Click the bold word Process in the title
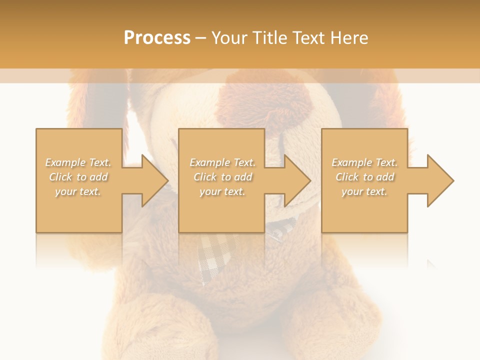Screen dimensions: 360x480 (x=157, y=38)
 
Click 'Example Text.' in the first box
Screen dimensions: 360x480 (x=78, y=162)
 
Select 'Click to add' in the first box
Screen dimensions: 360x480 (x=78, y=177)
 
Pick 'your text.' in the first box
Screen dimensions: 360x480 (x=78, y=191)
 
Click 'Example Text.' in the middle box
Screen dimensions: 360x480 (x=222, y=162)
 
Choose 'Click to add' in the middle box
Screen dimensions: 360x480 (x=222, y=177)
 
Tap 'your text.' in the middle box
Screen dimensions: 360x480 (x=222, y=191)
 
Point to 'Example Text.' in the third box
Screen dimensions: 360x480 (x=364, y=162)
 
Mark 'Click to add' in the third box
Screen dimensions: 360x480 (x=364, y=177)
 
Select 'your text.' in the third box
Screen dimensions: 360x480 (x=364, y=191)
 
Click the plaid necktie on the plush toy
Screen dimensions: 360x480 (x=215, y=255)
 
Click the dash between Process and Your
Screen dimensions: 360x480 (x=200, y=38)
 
